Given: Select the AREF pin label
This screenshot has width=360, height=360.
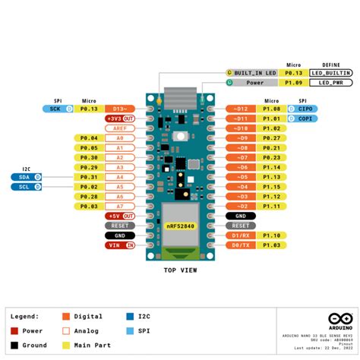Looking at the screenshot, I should click(120, 128).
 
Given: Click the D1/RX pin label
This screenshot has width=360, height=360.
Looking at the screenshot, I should click(241, 235).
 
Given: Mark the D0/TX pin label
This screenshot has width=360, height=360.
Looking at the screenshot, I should click(241, 245).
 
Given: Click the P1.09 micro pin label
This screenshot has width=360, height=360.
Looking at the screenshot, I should click(293, 82).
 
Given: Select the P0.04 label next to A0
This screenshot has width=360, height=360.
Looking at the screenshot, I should click(89, 137).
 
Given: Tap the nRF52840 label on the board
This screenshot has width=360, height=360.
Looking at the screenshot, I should click(180, 226).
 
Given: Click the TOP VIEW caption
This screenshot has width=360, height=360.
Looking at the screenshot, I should click(180, 270).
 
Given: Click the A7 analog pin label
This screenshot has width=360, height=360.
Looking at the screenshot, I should click(120, 206).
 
